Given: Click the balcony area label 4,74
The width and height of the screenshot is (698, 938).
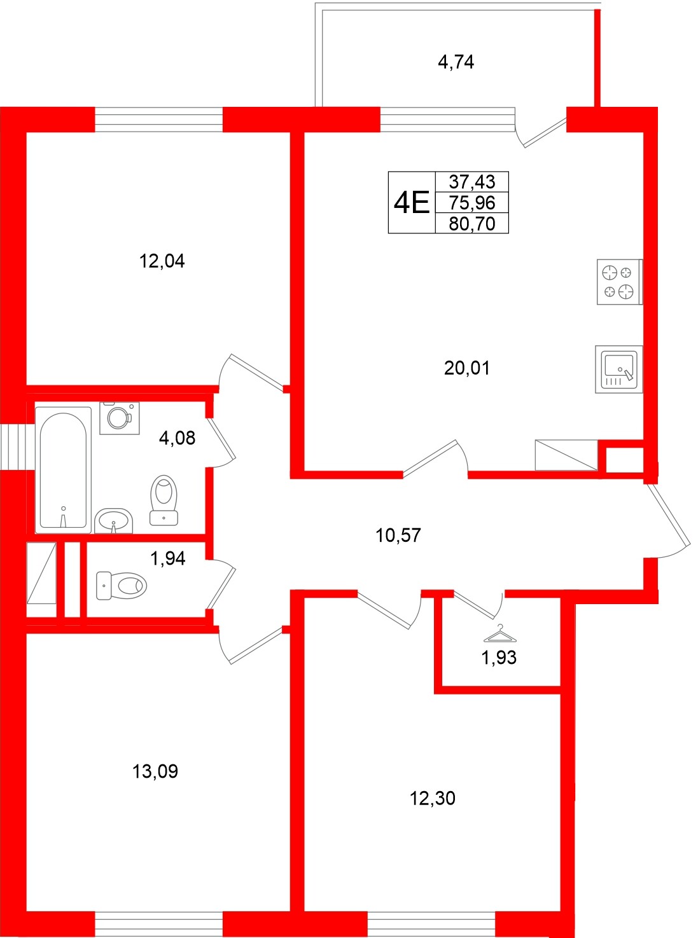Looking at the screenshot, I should [456, 62].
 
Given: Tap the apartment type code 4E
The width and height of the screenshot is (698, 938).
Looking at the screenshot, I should [412, 203].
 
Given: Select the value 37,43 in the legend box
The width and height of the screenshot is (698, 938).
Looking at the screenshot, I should [471, 182].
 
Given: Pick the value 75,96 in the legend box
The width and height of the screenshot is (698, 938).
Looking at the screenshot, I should [471, 203].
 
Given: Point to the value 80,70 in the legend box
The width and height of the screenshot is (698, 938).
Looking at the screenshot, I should [471, 224].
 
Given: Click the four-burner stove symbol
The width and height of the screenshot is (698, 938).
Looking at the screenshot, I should [618, 282].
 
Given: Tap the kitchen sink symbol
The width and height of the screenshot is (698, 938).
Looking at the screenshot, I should [618, 369].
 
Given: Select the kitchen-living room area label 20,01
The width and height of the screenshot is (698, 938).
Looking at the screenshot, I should [466, 368].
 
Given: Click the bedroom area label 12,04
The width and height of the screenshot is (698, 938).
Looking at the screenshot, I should [162, 261].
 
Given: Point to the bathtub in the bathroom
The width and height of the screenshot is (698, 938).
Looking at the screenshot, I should [63, 470].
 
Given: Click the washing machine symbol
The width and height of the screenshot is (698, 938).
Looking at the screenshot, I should [119, 418].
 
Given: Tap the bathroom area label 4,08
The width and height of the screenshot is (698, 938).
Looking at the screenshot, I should [177, 438].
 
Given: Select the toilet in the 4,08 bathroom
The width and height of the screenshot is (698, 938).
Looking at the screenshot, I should [164, 500].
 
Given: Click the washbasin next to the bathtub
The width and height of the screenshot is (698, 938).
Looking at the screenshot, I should [114, 521].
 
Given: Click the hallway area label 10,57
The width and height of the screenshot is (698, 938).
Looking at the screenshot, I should [398, 535].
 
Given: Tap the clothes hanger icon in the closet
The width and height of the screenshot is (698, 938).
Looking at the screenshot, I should [500, 634].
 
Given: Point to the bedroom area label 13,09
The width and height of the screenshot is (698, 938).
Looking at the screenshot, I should [155, 771].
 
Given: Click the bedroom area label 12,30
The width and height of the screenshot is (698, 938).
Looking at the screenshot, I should [432, 798].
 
